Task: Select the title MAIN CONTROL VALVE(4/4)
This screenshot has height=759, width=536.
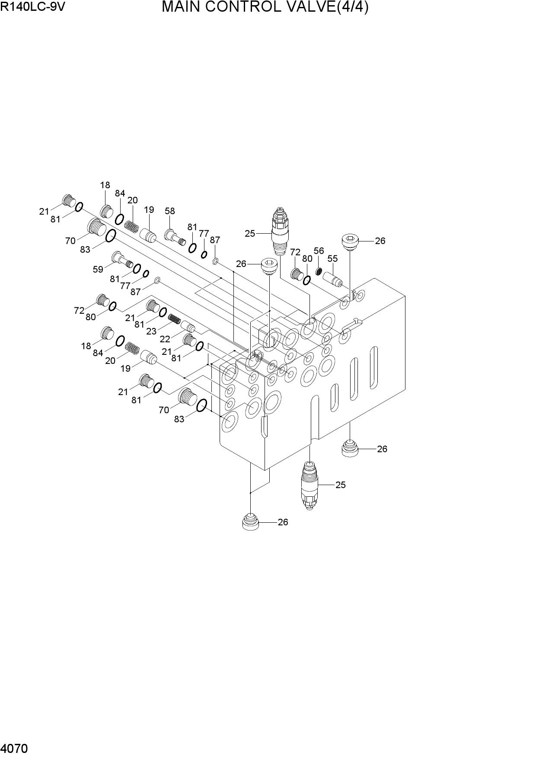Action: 265,7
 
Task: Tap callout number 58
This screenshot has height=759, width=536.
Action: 170,211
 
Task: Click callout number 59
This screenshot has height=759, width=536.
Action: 98,269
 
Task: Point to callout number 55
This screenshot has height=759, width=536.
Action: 332,258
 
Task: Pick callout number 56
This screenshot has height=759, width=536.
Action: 319,251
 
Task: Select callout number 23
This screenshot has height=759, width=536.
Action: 151,331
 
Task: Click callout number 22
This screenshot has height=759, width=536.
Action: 165,340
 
